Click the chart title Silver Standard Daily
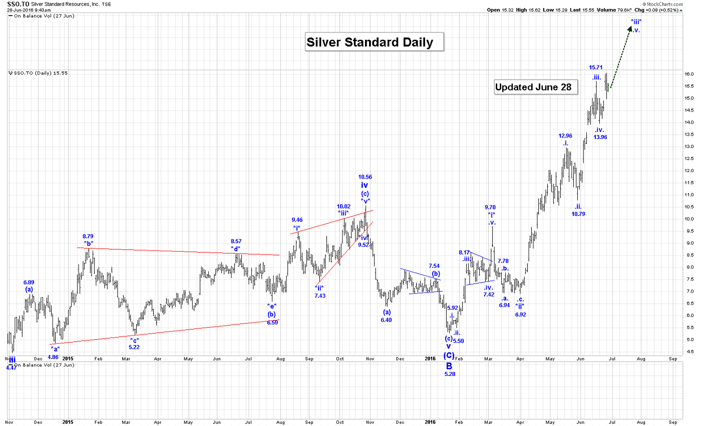tap(370, 42)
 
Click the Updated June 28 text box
tap(536, 87)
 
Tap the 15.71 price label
tap(595, 67)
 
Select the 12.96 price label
tap(565, 135)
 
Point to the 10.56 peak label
tap(365, 177)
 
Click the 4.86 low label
tap(53, 357)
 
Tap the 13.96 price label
tap(600, 137)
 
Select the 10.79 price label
tap(578, 214)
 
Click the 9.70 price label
tap(490, 207)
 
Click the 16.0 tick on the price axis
tap(689, 74)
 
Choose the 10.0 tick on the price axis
tap(689, 219)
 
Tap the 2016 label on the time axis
tap(431, 358)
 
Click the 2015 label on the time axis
tap(68, 358)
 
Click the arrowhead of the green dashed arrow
tap(628, 28)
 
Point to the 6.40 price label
tap(386, 320)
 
